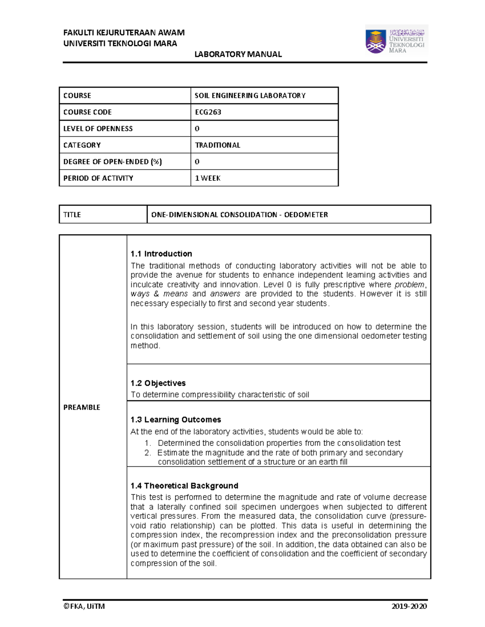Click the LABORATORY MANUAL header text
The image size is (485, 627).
click(238, 54)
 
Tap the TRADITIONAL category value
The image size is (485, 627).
click(217, 145)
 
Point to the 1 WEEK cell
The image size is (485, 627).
click(208, 178)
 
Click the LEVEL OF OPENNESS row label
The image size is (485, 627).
click(98, 129)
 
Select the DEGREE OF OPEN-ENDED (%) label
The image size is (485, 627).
click(112, 161)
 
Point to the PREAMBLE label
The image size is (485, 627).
click(82, 407)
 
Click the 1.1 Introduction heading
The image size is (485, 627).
click(161, 254)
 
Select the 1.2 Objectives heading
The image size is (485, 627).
click(158, 383)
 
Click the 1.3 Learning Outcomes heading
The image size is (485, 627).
click(175, 419)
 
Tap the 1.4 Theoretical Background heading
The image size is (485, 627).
click(184, 486)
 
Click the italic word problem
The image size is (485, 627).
click(409, 285)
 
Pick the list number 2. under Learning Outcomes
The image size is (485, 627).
click(148, 453)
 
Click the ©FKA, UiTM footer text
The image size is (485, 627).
click(84, 606)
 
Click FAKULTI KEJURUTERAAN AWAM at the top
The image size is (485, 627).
click(124, 33)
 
